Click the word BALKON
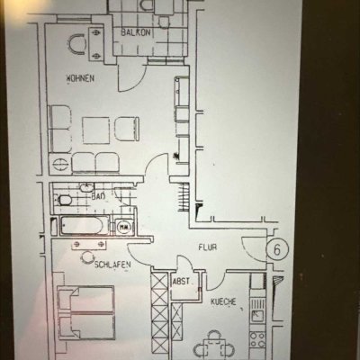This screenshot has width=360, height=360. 136,32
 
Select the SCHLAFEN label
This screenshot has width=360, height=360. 113,264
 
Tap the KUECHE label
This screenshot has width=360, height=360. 223,302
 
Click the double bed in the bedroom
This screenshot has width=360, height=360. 85,314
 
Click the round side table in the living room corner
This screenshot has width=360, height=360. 58,165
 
